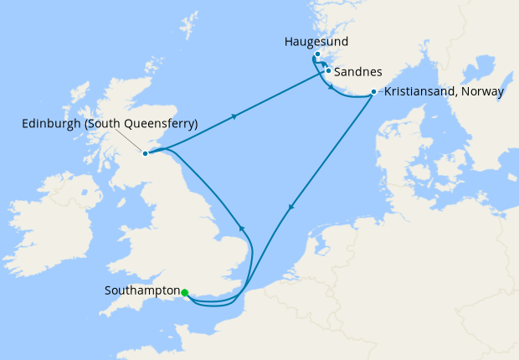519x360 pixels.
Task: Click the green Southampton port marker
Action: tap(184, 292)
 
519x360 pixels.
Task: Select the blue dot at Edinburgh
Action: tap(146, 153)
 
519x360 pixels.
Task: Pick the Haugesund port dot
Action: tap(318, 54)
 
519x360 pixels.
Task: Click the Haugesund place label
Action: tap(316, 41)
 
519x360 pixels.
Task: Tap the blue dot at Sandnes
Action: tap(328, 71)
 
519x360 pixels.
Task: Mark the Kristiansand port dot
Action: tap(373, 91)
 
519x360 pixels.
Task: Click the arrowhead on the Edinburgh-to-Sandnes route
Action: tap(234, 116)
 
